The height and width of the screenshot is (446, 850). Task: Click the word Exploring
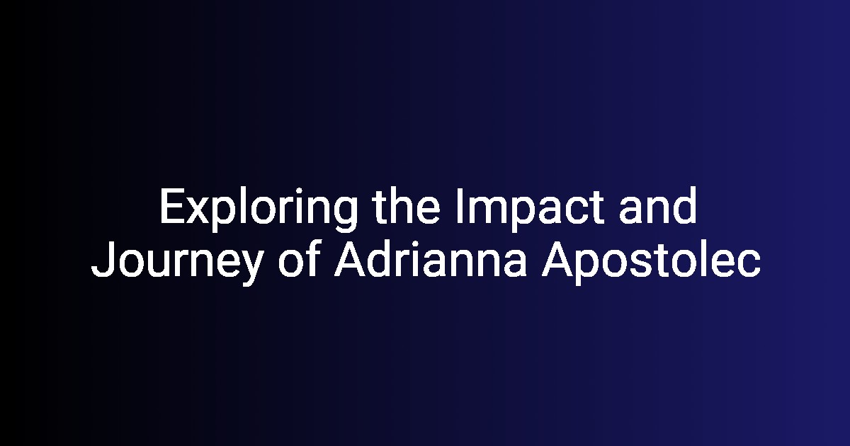click(259, 210)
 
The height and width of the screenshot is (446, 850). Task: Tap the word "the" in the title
click(407, 206)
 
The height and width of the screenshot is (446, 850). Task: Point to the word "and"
click(658, 206)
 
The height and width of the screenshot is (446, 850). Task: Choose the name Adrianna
click(431, 258)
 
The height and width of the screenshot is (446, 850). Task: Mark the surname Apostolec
click(651, 263)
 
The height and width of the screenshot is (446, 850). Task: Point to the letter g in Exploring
click(344, 215)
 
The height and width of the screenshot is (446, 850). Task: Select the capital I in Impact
click(460, 206)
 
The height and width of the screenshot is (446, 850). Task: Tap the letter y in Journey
click(252, 268)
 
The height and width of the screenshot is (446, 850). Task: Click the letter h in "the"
click(399, 206)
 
